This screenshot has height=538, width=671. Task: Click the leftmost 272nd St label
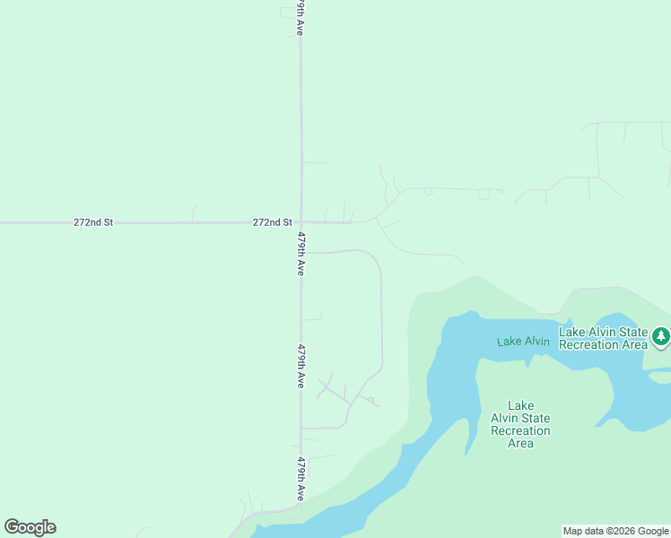point(93,222)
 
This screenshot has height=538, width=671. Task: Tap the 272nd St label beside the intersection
point(272,222)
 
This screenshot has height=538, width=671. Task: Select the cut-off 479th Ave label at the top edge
point(301,17)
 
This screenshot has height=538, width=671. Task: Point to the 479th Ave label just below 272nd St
point(301,254)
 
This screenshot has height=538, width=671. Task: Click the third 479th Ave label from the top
point(301,366)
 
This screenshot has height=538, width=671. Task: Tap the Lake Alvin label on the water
point(523,341)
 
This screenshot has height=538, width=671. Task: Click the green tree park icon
point(661,337)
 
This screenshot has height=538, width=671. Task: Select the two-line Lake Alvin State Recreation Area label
point(603,338)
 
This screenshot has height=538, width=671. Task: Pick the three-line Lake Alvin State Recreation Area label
point(520,424)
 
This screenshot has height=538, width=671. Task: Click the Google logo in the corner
point(30,527)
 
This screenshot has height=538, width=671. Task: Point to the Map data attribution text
point(616,531)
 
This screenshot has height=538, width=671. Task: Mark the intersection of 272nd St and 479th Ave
point(301,221)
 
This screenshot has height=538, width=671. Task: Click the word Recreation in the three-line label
point(520,430)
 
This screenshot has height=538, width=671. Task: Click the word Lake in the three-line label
point(520,405)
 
